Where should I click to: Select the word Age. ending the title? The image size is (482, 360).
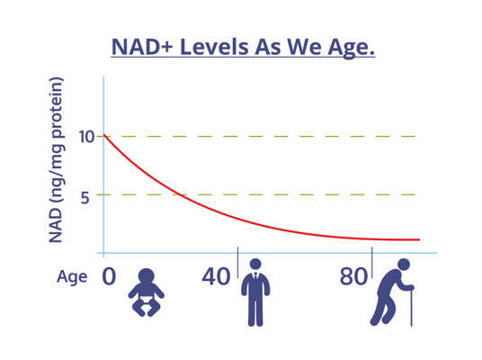(x=352, y=49)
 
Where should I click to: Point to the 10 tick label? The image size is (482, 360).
(x=86, y=137)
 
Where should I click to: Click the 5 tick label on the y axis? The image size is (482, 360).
(x=85, y=197)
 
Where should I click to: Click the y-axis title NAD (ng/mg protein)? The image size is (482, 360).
(x=56, y=159)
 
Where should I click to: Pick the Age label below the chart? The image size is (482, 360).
(x=72, y=277)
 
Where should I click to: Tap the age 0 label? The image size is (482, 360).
(x=109, y=276)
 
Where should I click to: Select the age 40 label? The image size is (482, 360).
(x=216, y=276)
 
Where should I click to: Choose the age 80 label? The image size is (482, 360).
(x=353, y=276)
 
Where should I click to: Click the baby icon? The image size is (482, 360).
(x=147, y=292)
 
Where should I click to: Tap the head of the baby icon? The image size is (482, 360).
(x=147, y=276)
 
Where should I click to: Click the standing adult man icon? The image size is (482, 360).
(x=255, y=292)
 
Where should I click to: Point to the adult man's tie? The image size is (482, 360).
(x=255, y=276)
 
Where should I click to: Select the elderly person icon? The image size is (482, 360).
(x=392, y=292)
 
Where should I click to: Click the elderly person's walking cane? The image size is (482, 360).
(x=411, y=307)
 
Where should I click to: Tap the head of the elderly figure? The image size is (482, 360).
(x=404, y=265)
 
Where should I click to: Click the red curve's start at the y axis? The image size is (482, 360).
(x=104, y=135)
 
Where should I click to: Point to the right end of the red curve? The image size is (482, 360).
(x=420, y=239)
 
